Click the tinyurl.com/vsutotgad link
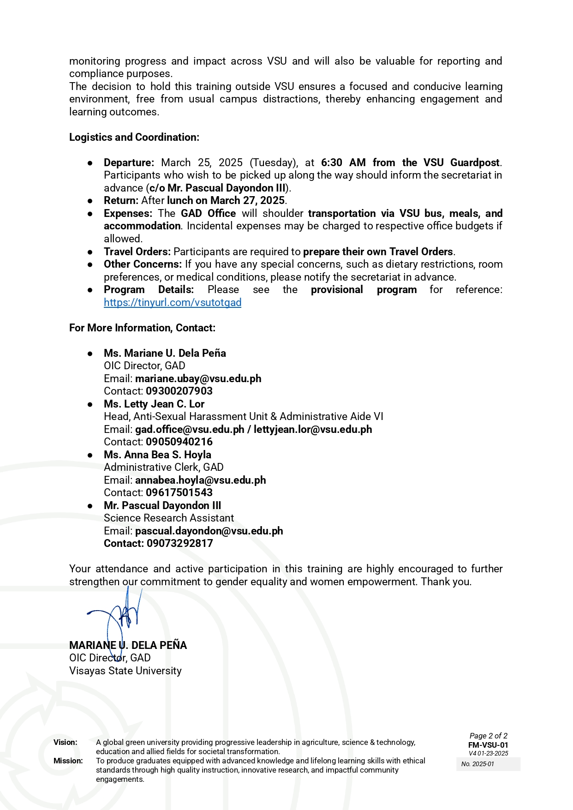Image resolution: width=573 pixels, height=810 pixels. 173,302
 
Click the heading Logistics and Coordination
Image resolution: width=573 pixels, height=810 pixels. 134,137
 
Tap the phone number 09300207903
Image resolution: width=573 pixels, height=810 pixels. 179,391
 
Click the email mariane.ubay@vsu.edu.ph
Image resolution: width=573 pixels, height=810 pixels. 198,378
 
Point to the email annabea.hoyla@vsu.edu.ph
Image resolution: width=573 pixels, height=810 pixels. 201,480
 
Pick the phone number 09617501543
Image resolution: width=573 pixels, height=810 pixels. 179,492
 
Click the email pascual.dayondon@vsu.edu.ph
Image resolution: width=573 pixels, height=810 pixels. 209,531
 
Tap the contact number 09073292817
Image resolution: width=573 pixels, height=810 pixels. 180,543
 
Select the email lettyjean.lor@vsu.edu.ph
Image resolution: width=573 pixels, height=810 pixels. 313,429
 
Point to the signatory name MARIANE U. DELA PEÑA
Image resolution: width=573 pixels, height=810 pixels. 128,645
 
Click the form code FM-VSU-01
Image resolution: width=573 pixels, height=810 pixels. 488,745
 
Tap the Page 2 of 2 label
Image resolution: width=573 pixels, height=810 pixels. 488,736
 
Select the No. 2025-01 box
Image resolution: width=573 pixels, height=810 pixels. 488,764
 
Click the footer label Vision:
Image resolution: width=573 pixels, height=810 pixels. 66,742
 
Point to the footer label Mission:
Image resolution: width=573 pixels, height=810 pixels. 68,761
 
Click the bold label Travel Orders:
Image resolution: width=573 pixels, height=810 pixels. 137,252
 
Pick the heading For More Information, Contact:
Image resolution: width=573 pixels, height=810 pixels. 142,328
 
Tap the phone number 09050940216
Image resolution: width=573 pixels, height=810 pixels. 179,442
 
